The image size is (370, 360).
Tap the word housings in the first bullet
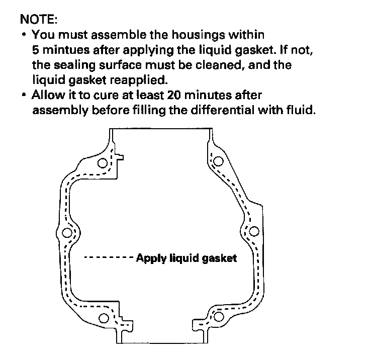[193, 36]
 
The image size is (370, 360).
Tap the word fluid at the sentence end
[303, 110]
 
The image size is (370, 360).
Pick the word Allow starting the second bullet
[47, 95]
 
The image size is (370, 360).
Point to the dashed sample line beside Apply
[108, 258]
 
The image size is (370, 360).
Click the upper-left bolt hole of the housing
[104, 163]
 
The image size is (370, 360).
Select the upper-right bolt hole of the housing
[218, 161]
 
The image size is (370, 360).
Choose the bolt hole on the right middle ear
[254, 231]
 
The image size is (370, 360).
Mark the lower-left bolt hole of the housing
[104, 318]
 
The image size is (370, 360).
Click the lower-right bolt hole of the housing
[219, 316]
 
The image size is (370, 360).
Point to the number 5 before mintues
[36, 51]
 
